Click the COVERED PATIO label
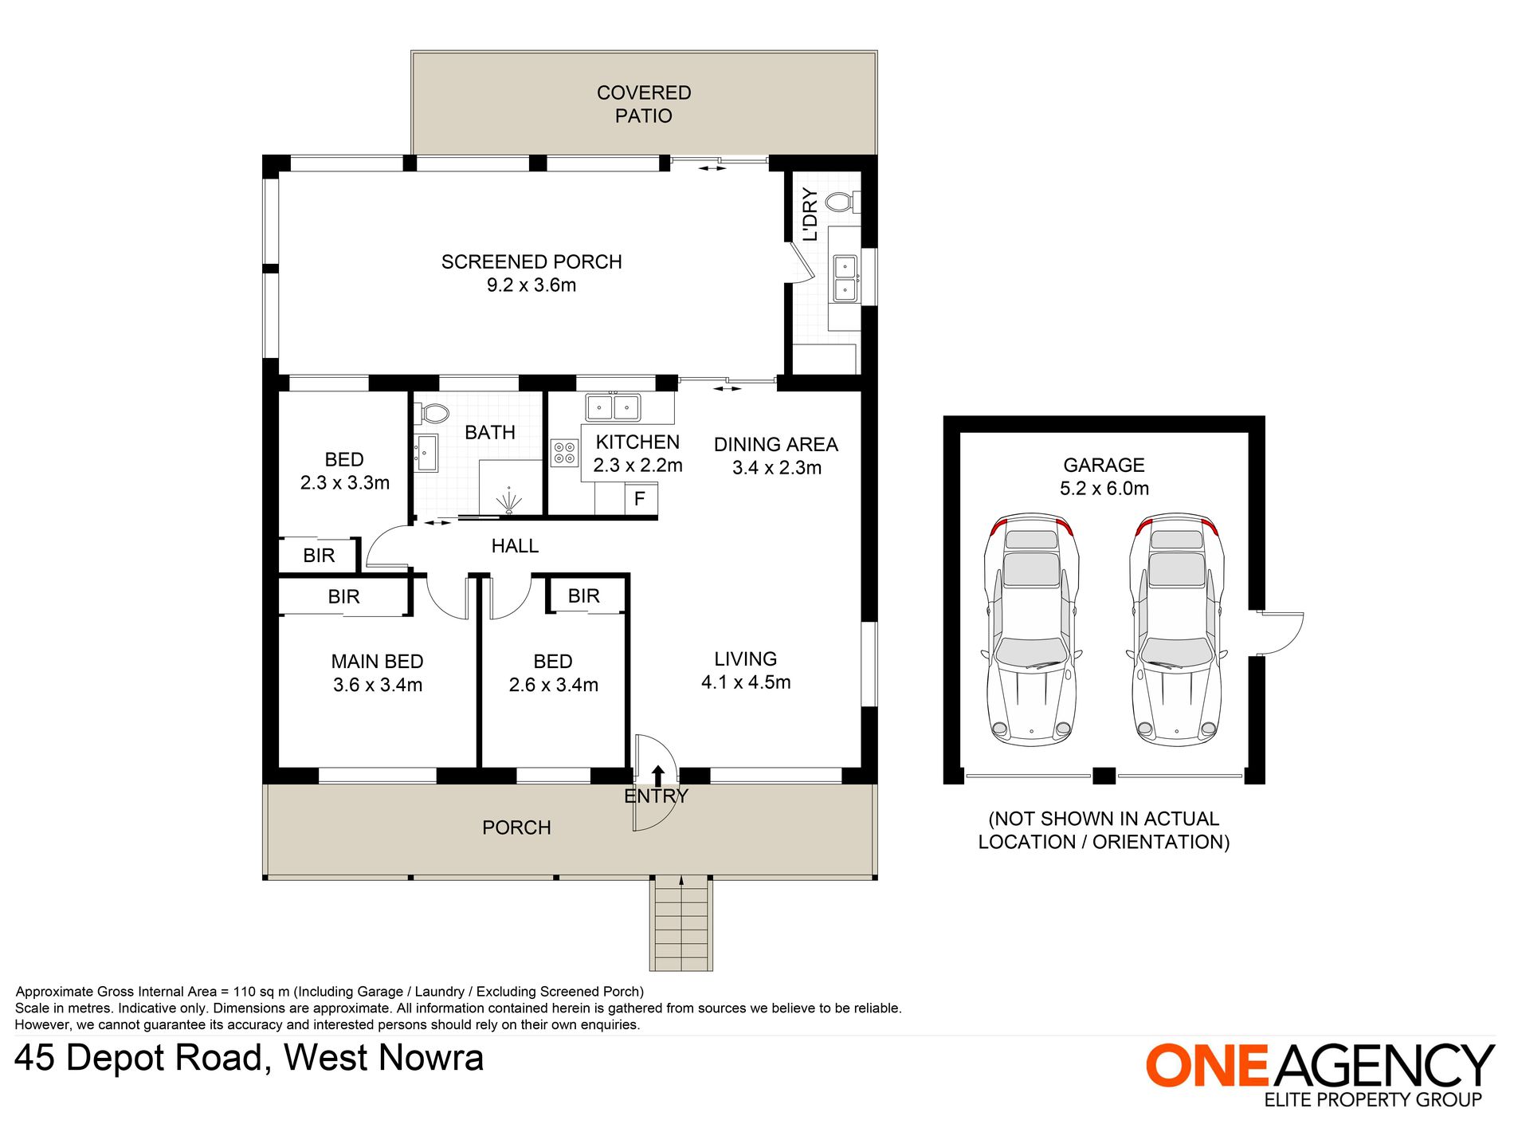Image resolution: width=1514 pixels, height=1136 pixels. pyautogui.click(x=644, y=104)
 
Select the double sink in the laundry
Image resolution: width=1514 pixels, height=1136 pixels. pyautogui.click(x=845, y=278)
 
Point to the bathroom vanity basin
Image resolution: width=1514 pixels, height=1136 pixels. pyautogui.click(x=426, y=453)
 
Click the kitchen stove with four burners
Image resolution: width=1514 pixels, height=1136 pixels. pyautogui.click(x=565, y=454)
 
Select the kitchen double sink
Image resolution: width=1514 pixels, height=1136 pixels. pyautogui.click(x=613, y=407)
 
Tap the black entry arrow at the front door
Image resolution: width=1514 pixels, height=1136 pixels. pyautogui.click(x=658, y=776)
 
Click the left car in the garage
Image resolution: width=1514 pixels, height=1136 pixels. pyautogui.click(x=1031, y=629)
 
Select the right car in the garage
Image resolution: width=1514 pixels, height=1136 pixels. pyautogui.click(x=1177, y=629)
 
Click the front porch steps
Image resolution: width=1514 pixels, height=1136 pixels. pyautogui.click(x=681, y=923)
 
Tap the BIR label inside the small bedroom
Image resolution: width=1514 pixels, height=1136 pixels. pyautogui.click(x=319, y=556)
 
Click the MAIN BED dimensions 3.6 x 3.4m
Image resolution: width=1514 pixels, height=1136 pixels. pyautogui.click(x=378, y=685)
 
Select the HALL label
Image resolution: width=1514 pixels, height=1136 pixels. pyautogui.click(x=515, y=546)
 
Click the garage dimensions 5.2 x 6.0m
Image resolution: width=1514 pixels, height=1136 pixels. pyautogui.click(x=1104, y=488)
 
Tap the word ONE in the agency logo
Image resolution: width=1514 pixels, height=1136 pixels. pyautogui.click(x=1207, y=1065)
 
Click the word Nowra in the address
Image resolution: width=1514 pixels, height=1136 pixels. pyautogui.click(x=431, y=1058)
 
